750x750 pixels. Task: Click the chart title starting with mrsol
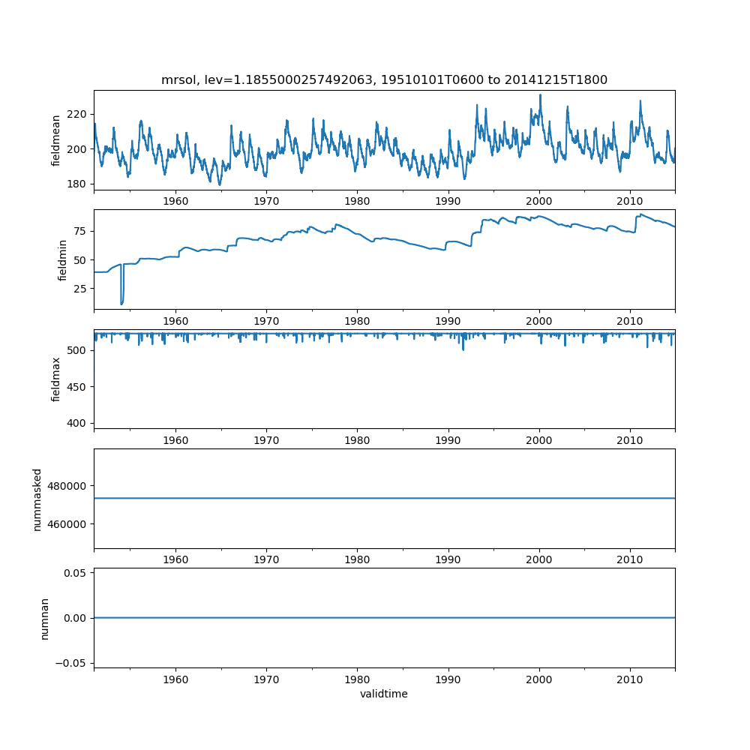(x=384, y=79)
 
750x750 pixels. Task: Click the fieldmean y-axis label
(x=56, y=140)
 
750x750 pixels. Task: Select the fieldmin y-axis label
(x=62, y=259)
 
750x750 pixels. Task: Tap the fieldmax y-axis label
(x=56, y=379)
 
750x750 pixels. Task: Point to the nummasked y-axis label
(x=37, y=498)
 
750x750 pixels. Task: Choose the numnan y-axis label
(x=44, y=617)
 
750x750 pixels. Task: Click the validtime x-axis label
(x=384, y=694)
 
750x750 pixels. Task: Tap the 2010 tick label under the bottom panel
(x=630, y=679)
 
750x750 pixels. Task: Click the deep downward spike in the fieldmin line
(x=121, y=303)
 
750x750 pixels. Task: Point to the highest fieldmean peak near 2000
(x=540, y=95)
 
